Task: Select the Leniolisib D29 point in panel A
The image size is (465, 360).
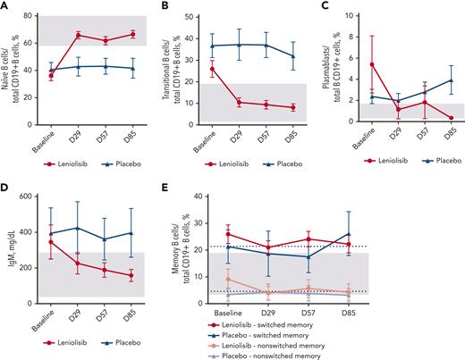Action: pos(78,35)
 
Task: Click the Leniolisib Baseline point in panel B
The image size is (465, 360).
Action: pos(211,69)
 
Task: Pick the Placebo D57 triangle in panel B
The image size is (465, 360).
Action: pos(265,45)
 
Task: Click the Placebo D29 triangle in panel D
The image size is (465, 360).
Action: pos(78,228)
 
